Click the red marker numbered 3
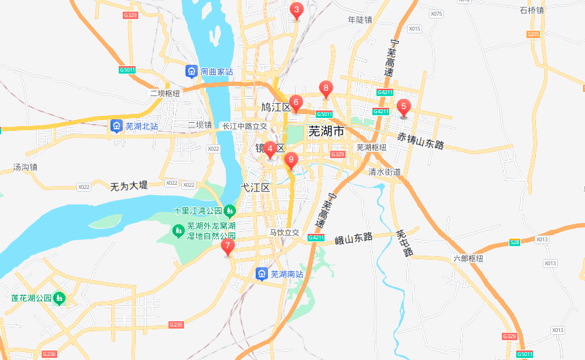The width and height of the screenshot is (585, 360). click(x=296, y=10)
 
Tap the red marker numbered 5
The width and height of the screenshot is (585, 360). click(x=404, y=107)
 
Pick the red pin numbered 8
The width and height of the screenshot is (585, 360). click(x=326, y=89)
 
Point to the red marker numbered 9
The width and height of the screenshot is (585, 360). click(x=291, y=161)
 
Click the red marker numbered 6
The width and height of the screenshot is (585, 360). click(x=295, y=102)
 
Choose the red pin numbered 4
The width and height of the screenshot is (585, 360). click(x=270, y=149)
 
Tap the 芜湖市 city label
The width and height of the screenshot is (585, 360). click(x=326, y=131)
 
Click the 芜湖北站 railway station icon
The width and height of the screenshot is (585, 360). click(x=117, y=126)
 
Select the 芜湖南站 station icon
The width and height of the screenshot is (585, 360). click(x=262, y=274)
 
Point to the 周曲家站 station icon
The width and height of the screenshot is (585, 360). click(x=192, y=71)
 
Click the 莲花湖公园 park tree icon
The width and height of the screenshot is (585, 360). click(x=59, y=299)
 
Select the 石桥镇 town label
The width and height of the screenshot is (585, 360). click(x=531, y=10)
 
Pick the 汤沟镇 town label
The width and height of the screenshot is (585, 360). click(x=25, y=166)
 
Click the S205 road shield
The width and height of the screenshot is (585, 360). click(x=533, y=34)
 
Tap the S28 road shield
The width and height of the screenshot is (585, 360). click(x=515, y=242)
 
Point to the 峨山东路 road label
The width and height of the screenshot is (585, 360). click(x=354, y=239)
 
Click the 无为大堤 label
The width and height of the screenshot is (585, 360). click(x=129, y=185)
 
